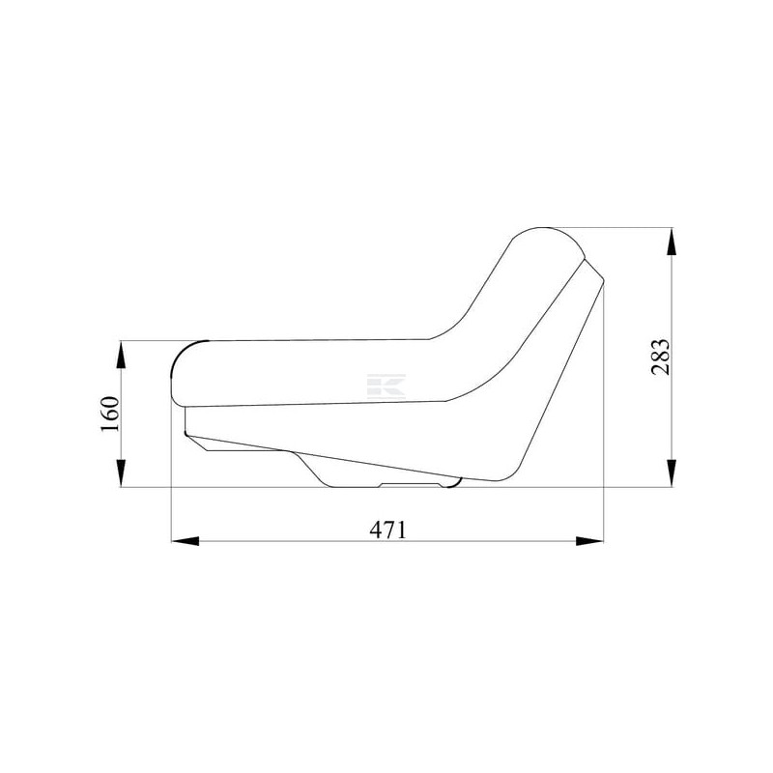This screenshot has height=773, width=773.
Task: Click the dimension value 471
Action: [388, 530]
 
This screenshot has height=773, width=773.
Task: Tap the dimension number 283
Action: [661, 357]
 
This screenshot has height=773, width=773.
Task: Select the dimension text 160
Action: [110, 414]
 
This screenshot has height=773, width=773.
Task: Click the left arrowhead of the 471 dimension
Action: [185, 541]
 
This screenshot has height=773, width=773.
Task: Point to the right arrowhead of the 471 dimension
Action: [589, 541]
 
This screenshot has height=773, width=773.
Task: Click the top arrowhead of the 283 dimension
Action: [672, 242]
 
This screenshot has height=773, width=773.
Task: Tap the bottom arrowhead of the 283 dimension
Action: [672, 473]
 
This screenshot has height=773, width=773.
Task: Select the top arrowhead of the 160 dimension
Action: [121, 355]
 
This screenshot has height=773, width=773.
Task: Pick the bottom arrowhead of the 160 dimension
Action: [121, 473]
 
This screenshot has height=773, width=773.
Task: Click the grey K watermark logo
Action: [386, 386]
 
